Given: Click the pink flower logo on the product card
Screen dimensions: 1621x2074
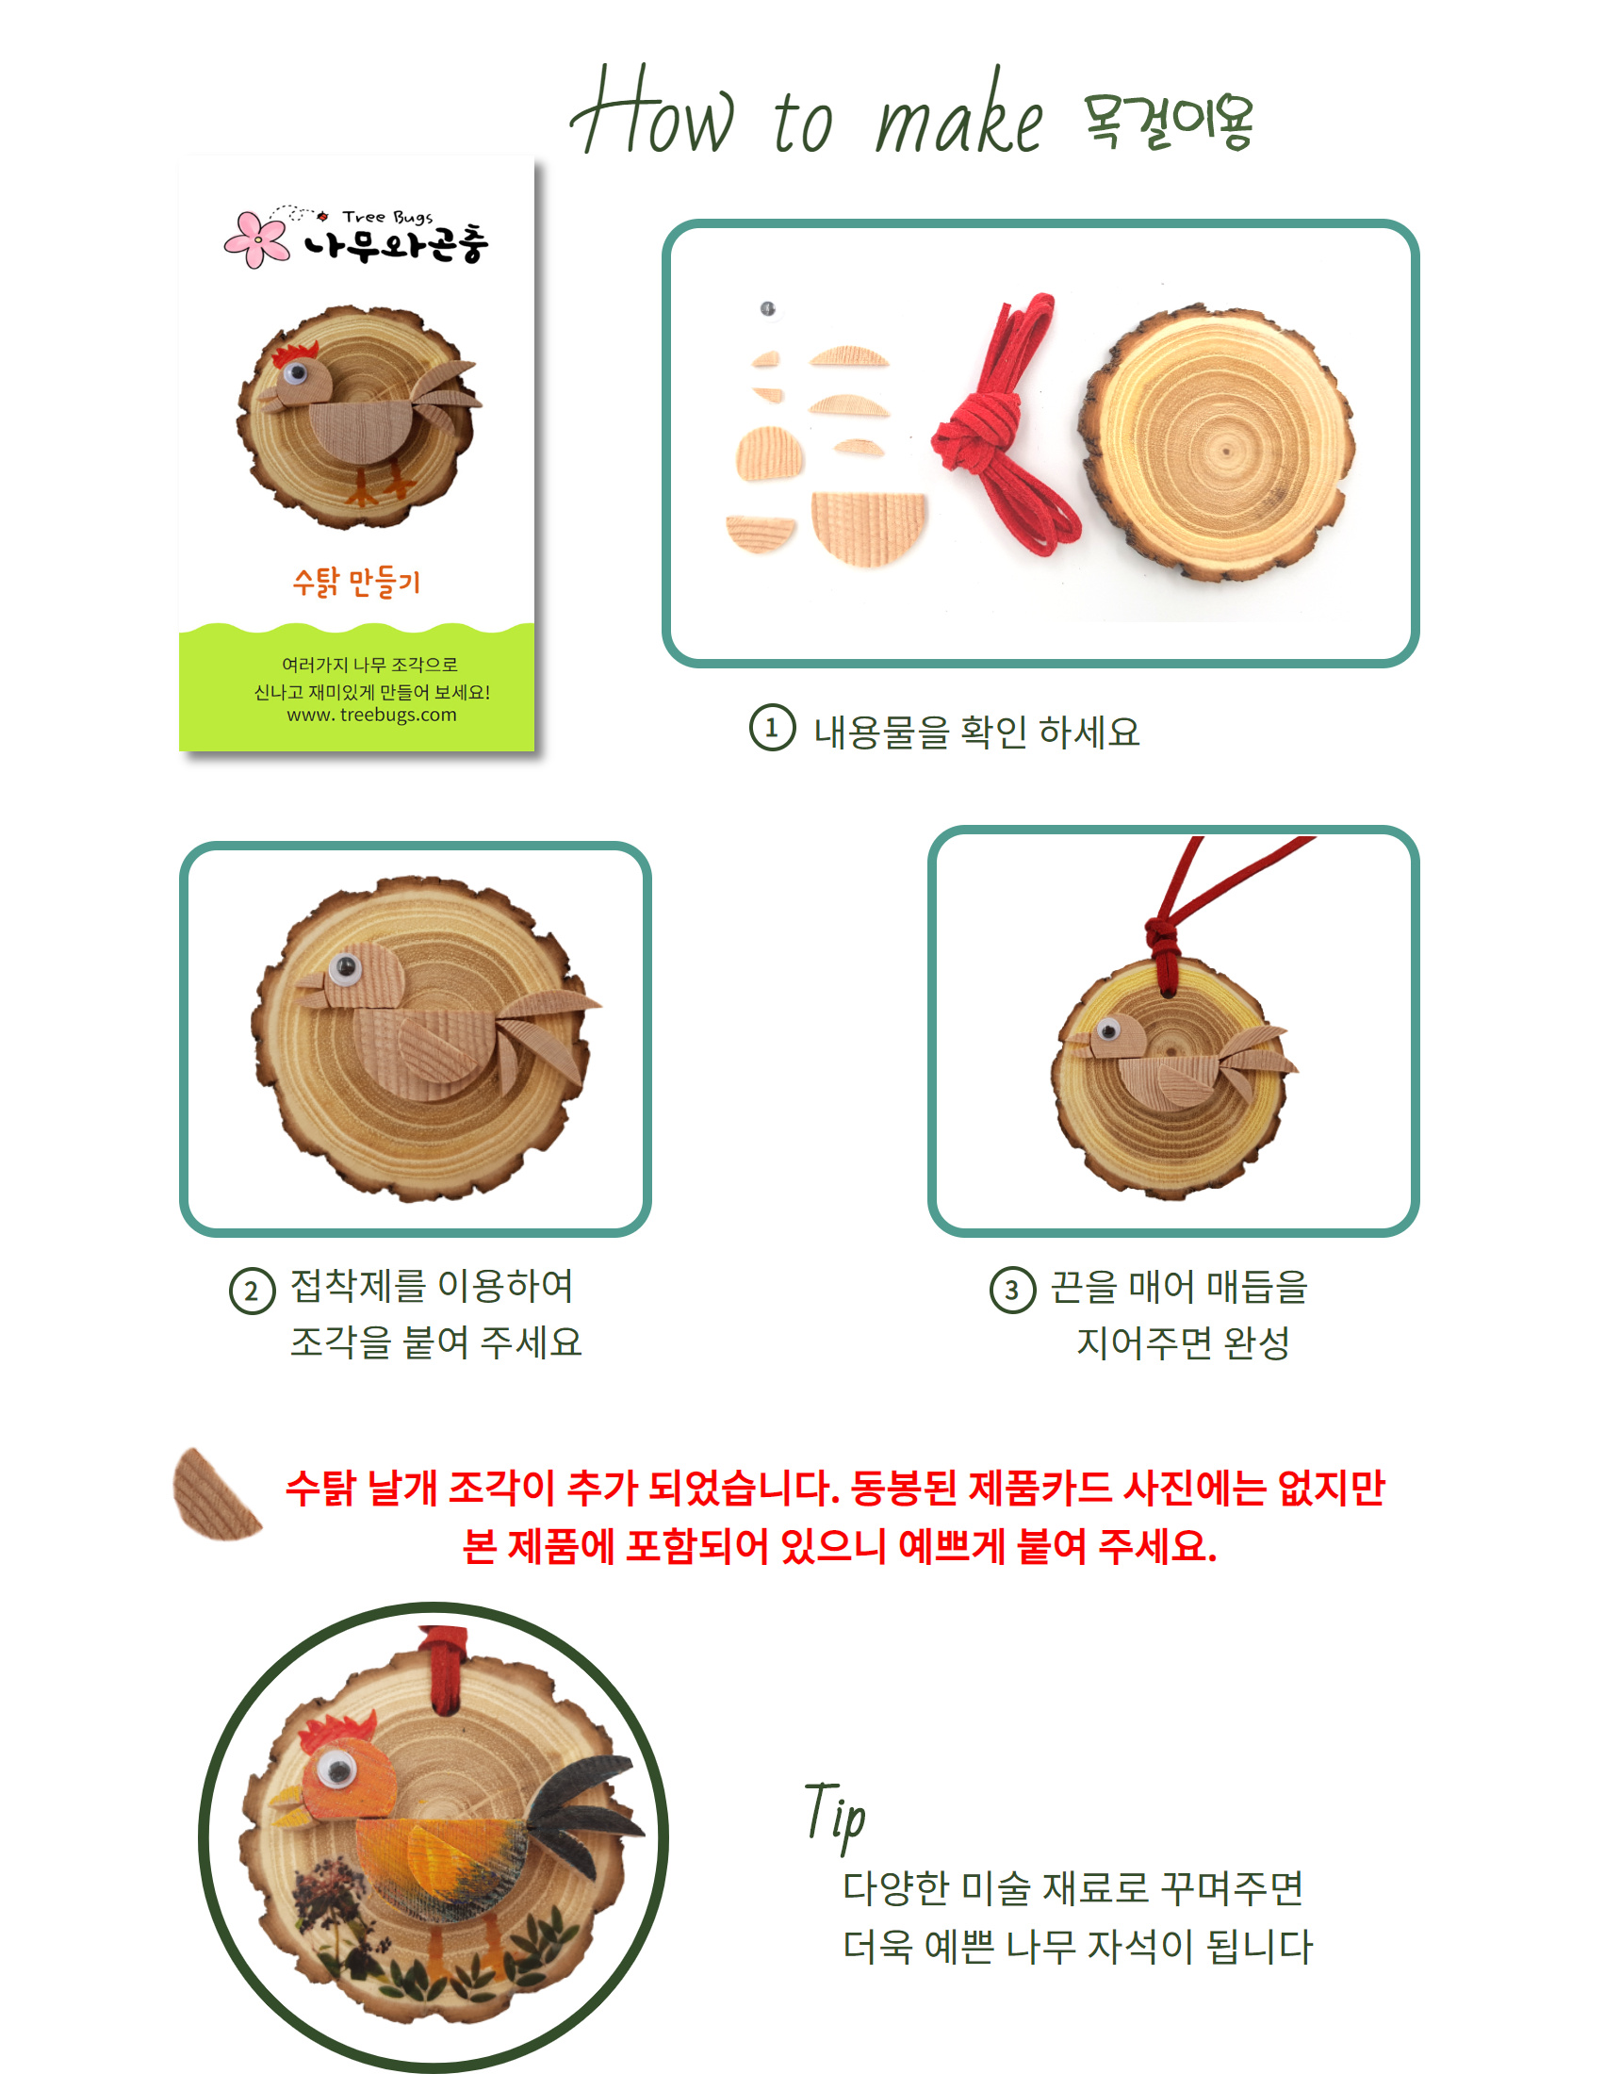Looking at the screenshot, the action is click(256, 239).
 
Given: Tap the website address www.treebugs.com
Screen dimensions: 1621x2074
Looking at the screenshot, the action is click(371, 716).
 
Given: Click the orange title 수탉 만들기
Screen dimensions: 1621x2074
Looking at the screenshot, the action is click(356, 582).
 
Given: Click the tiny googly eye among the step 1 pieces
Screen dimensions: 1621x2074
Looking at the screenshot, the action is click(767, 308).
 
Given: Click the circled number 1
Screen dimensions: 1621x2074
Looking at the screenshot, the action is click(772, 729).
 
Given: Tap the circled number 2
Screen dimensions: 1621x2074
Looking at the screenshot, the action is click(252, 1292).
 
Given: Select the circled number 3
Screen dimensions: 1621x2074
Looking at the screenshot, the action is click(1012, 1291).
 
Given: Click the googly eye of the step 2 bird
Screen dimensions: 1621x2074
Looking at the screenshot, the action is click(345, 967).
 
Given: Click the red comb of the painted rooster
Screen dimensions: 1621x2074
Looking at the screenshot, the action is click(338, 1733).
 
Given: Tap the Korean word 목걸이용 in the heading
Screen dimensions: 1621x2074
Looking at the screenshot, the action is click(1168, 122).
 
